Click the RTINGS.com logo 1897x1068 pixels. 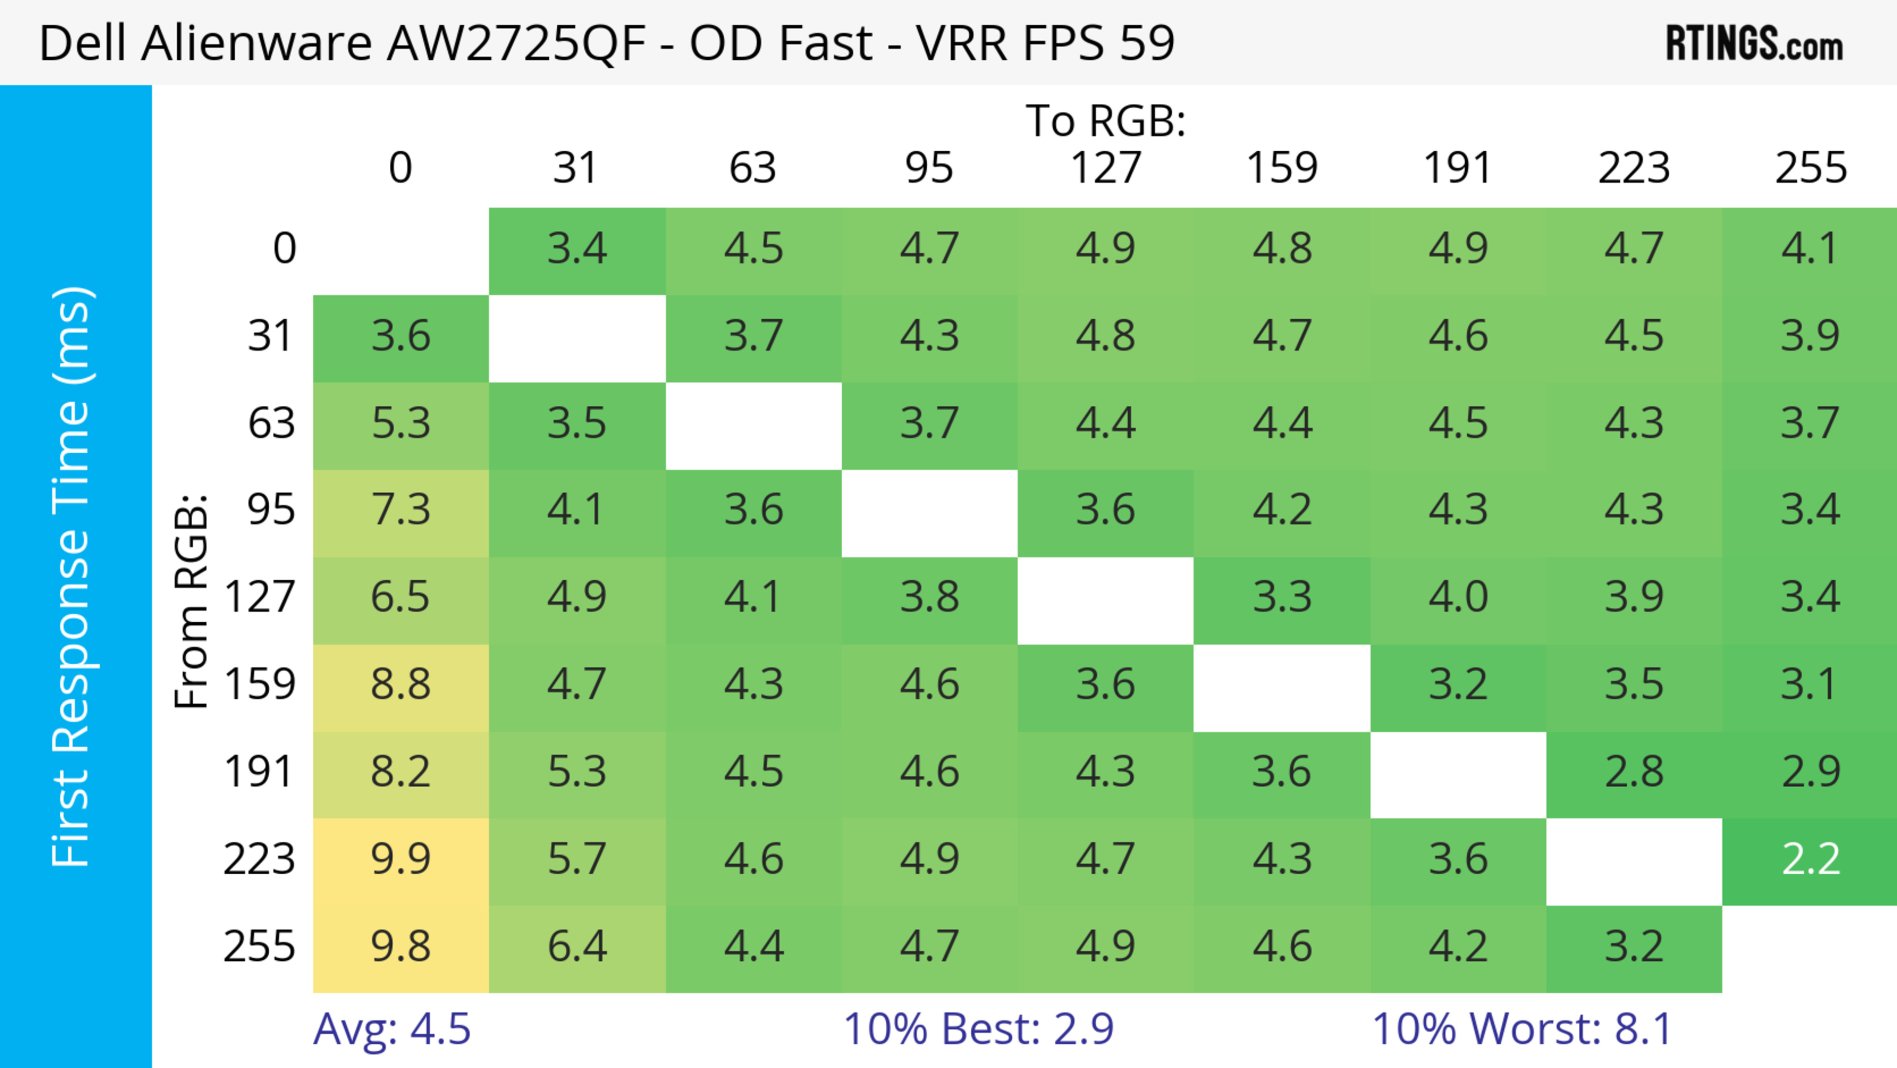point(1754,43)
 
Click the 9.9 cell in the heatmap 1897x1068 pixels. point(401,859)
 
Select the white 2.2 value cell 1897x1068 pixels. point(1810,859)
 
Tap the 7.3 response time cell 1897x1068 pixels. point(401,510)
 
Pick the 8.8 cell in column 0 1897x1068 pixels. point(401,685)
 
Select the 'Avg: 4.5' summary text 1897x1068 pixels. point(392,1029)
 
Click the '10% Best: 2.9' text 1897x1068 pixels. point(978,1029)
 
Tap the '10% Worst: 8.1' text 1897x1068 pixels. point(1522,1029)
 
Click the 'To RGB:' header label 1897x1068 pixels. point(1106,121)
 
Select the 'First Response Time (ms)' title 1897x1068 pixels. point(72,577)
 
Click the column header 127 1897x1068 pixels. point(1106,168)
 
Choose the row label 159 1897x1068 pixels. point(260,685)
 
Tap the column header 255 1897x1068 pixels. point(1810,168)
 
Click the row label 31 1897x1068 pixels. point(271,337)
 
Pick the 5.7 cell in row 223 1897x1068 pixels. point(577,859)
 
